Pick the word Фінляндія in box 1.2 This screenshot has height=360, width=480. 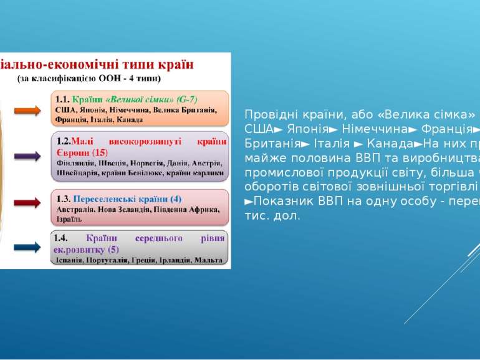pos(72,162)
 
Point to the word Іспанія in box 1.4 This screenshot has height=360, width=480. pos(69,259)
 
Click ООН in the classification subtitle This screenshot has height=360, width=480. pos(122,78)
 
